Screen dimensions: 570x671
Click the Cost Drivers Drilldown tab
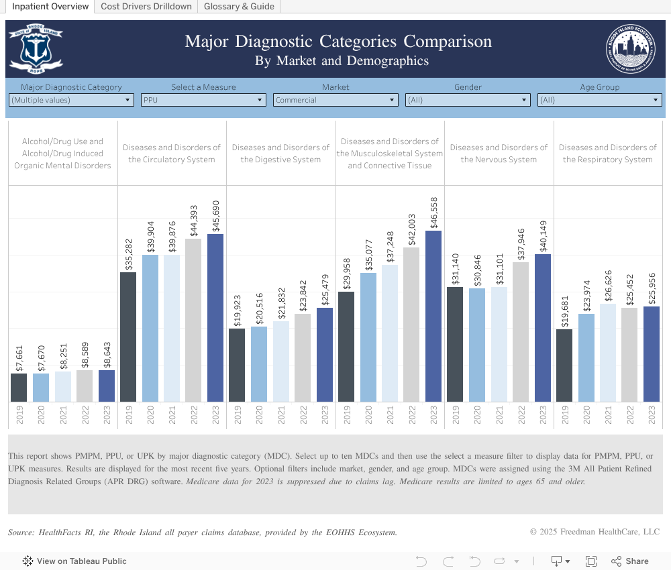click(146, 7)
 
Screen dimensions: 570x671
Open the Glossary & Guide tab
click(239, 7)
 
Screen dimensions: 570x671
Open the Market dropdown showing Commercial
click(335, 100)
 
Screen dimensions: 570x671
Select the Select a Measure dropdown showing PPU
click(204, 100)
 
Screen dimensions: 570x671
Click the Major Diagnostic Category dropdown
click(71, 100)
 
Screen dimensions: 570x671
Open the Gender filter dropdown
click(468, 100)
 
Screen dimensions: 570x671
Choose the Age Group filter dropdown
click(600, 100)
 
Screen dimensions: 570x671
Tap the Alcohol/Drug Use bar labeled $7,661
click(19, 388)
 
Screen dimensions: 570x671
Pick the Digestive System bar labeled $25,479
click(325, 355)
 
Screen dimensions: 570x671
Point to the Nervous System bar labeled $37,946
click(521, 332)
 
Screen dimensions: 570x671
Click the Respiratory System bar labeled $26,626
click(608, 353)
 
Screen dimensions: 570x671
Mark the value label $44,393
click(194, 220)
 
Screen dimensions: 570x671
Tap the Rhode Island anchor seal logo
click(36, 49)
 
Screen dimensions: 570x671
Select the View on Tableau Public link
click(74, 561)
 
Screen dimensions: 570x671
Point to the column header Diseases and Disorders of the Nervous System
click(499, 154)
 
